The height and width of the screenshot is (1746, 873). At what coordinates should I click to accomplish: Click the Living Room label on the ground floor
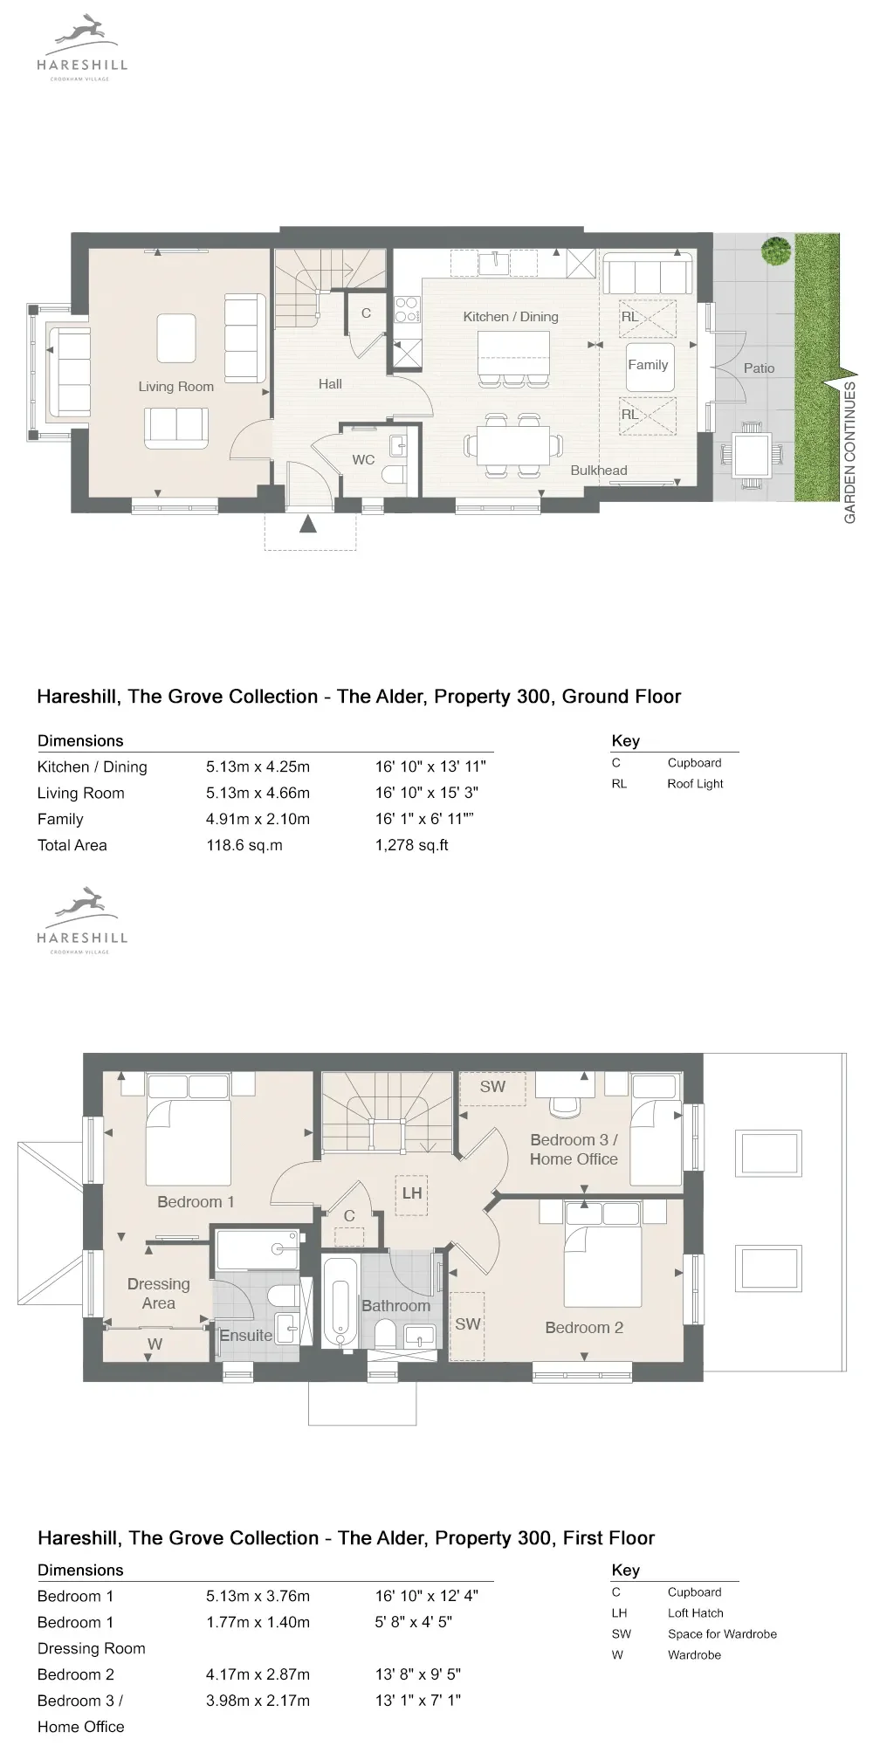[175, 387]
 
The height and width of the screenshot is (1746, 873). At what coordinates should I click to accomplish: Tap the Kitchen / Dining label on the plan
[511, 317]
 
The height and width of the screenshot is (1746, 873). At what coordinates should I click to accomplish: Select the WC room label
[363, 460]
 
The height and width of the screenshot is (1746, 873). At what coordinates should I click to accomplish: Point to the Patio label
[759, 368]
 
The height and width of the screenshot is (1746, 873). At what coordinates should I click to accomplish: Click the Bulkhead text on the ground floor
[599, 471]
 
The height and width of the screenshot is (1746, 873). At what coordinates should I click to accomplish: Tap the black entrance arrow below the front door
[307, 523]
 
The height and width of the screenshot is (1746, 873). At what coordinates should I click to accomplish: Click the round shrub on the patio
[774, 251]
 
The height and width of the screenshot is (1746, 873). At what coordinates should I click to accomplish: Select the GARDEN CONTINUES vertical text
[849, 452]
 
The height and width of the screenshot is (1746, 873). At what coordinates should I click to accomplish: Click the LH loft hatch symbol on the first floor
[412, 1193]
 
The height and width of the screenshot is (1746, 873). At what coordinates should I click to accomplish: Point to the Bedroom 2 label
[584, 1328]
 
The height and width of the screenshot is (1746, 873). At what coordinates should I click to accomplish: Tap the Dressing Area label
[158, 1294]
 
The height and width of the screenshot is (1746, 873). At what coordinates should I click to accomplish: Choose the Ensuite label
[245, 1336]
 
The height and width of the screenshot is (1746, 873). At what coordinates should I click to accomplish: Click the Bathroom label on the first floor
[395, 1306]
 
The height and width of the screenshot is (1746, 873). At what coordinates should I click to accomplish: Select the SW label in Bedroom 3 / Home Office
[492, 1087]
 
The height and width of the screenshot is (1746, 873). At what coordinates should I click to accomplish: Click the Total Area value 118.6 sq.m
[244, 845]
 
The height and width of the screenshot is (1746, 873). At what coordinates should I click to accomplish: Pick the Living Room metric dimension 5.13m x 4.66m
[258, 793]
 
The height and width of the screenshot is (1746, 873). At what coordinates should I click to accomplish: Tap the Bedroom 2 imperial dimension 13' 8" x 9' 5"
[418, 1674]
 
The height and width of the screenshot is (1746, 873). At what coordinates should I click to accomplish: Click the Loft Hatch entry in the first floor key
[695, 1613]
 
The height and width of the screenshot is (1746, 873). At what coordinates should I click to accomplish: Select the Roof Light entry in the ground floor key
[695, 784]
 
